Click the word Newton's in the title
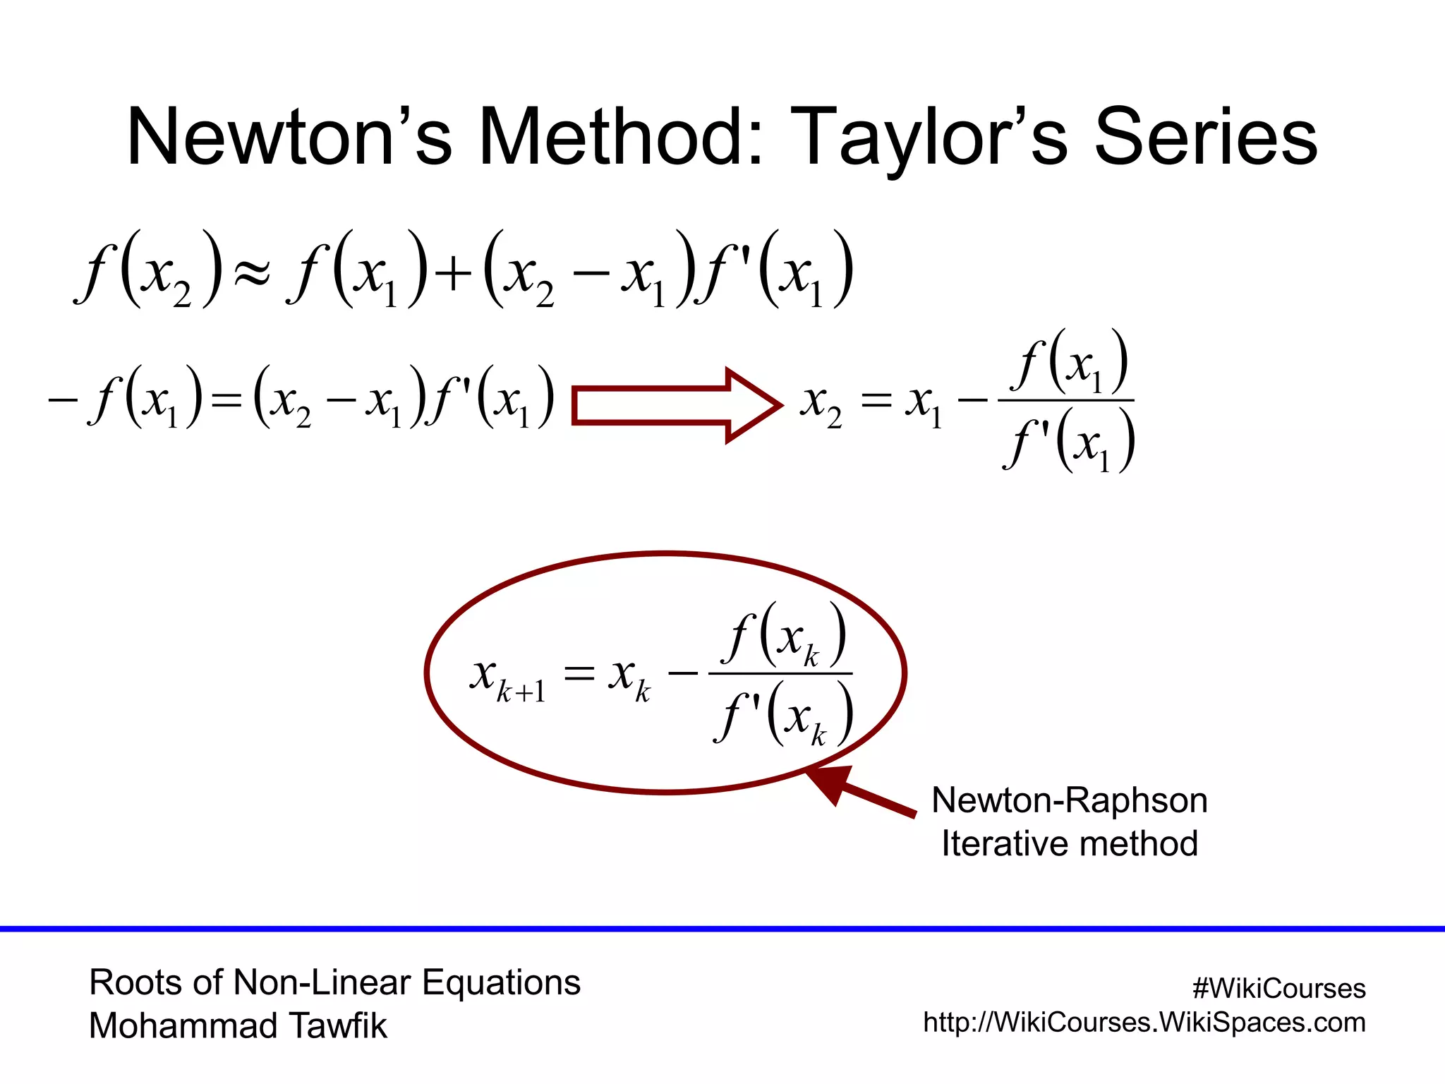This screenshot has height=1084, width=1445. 289,137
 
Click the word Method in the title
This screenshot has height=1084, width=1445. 621,137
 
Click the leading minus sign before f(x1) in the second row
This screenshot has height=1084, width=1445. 62,400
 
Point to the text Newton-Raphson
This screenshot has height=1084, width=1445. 1069,800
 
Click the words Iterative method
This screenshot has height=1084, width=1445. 1069,844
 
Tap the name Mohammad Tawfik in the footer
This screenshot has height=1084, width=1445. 238,1025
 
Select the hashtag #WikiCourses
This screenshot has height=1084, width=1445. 1278,989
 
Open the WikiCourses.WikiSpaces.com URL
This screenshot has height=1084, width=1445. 1144,1023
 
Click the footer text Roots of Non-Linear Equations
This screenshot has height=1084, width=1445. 334,982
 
